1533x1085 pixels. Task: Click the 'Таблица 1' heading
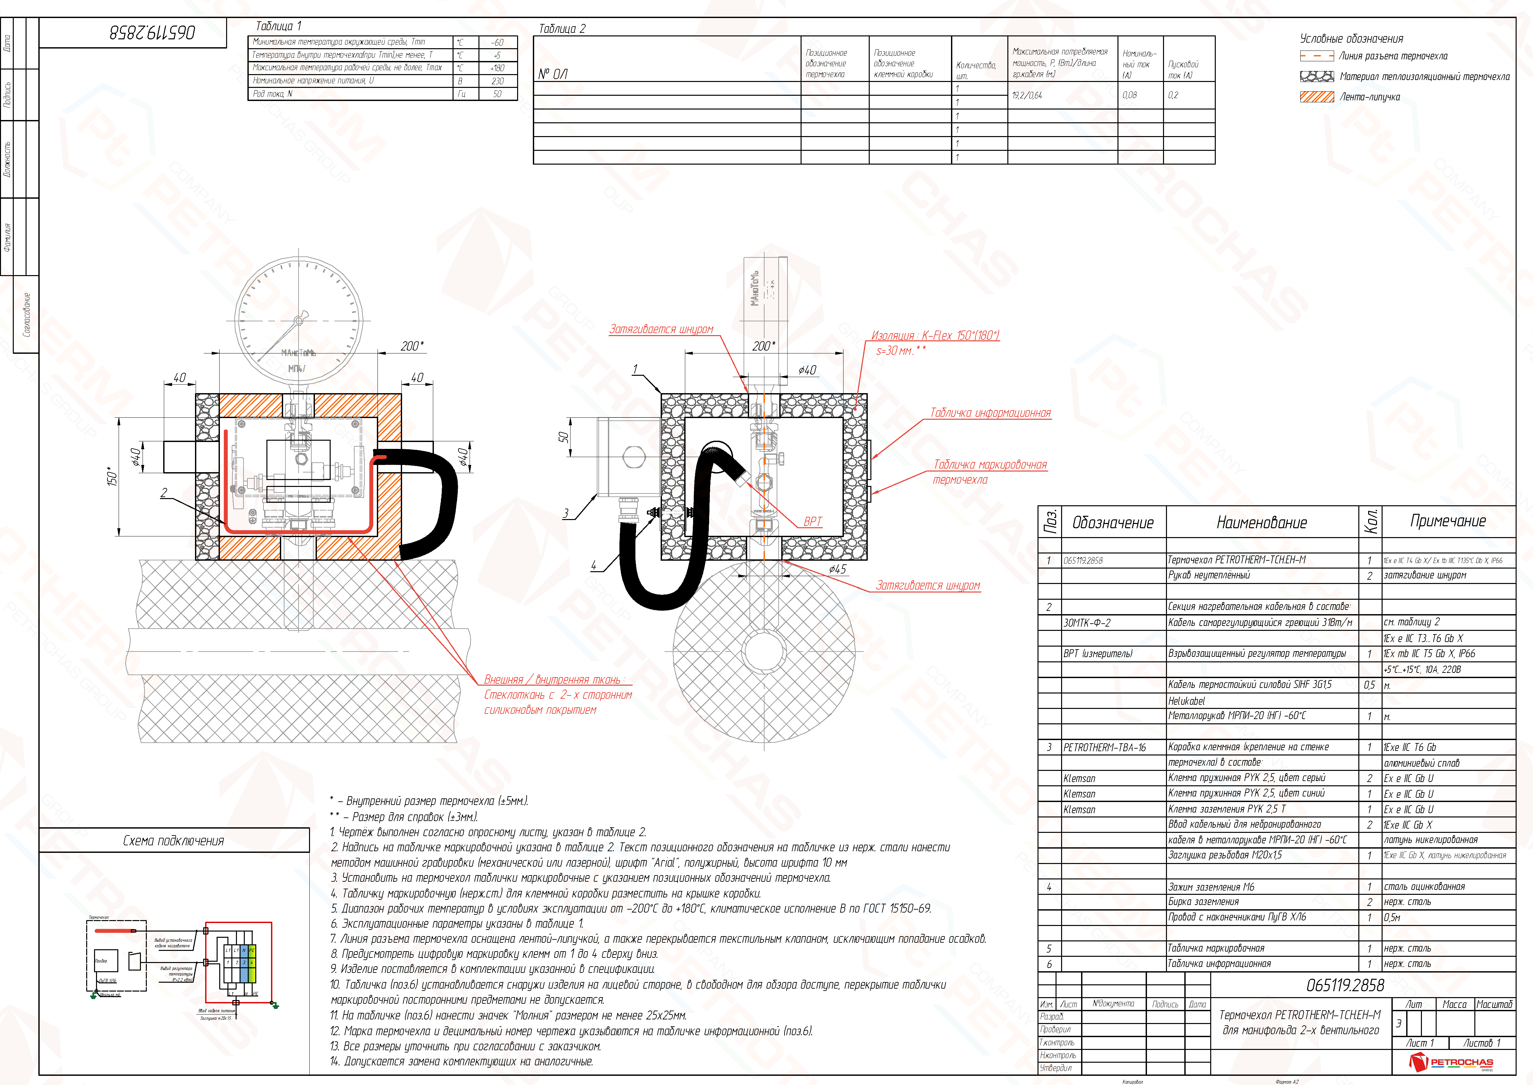coord(279,26)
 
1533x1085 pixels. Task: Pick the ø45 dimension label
coord(837,569)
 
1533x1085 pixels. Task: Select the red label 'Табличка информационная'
coord(990,413)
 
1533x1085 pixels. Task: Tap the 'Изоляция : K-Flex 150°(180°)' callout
coord(935,335)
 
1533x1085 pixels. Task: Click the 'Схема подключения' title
coord(174,840)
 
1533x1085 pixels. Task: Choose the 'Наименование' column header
coord(1261,522)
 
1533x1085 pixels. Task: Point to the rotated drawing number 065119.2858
coord(152,32)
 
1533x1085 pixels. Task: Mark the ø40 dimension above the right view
coord(807,370)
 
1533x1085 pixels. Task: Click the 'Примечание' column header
coord(1447,521)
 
